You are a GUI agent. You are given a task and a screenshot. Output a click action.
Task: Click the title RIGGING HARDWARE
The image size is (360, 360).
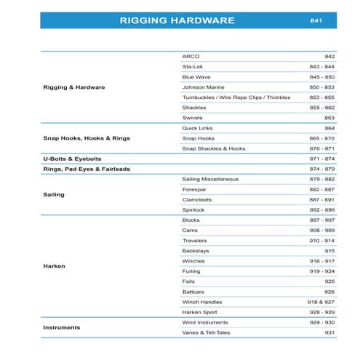(177, 20)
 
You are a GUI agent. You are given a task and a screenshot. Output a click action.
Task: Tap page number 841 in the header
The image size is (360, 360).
(316, 20)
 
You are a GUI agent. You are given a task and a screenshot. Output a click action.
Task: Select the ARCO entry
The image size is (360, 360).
(191, 56)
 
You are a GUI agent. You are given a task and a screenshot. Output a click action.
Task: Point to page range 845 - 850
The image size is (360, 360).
(321, 76)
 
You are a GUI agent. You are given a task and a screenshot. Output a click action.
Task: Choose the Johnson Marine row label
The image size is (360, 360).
(204, 87)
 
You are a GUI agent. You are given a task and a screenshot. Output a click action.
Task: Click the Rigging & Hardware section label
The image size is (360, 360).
(74, 87)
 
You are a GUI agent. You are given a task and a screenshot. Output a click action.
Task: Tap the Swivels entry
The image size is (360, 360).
(192, 117)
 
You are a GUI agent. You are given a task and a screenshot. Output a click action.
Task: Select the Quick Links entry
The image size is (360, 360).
(197, 127)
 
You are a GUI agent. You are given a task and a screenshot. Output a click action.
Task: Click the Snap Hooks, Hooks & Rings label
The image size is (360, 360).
(87, 138)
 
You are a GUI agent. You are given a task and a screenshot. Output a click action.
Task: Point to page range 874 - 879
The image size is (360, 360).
(321, 169)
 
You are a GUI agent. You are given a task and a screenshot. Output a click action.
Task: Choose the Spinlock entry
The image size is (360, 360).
(193, 209)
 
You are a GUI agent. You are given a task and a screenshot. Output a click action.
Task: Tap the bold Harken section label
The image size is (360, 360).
(54, 266)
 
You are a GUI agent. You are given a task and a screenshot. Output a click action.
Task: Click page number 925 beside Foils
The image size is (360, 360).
(329, 281)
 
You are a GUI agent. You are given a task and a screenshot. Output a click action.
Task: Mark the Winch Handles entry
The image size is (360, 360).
(202, 301)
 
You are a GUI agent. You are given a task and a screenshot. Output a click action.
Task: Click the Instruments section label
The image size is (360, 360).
(61, 327)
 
